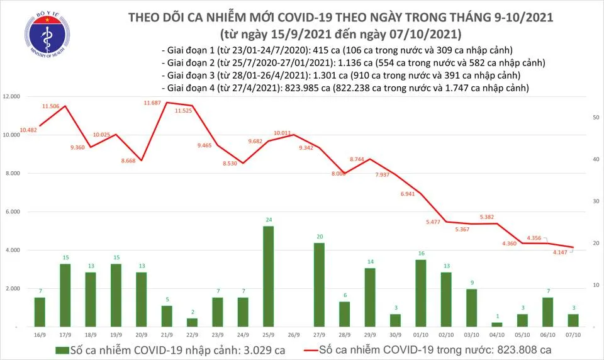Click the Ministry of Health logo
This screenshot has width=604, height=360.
[x=43, y=35]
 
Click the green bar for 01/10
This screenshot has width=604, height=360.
[x=421, y=293]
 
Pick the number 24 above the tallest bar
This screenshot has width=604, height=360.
[x=268, y=220]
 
